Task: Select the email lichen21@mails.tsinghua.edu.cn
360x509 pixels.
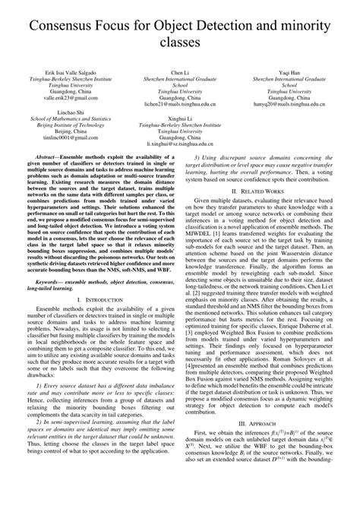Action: (180, 105)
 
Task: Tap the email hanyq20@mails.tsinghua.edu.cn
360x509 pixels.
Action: (289, 105)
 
